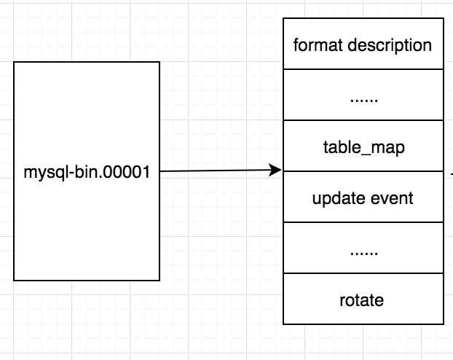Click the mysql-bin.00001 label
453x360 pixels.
[87, 174]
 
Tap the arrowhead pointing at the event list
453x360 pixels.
[276, 171]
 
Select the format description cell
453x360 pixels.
[363, 45]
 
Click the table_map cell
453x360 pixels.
[363, 146]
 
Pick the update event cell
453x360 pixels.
[363, 197]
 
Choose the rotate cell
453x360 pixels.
[363, 299]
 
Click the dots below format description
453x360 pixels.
[363, 97]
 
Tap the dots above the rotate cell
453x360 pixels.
[363, 251]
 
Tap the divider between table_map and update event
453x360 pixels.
[363, 172]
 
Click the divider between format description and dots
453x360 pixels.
[363, 69]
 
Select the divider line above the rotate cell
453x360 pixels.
[363, 273]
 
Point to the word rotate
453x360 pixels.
[363, 299]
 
